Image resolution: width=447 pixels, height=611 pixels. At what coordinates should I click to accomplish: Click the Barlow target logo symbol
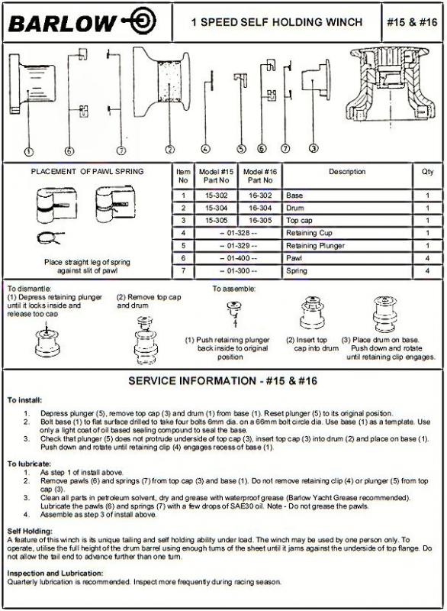tap(140, 21)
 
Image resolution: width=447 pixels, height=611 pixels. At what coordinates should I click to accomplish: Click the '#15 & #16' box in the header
tap(412, 22)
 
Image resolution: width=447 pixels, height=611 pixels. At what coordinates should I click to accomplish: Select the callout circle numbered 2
tap(169, 150)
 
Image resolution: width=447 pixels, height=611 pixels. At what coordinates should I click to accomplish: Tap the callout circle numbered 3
tap(314, 148)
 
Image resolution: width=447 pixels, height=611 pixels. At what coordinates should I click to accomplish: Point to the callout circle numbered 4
tap(205, 149)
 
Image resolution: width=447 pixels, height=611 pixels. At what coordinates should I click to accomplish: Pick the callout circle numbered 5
tap(242, 149)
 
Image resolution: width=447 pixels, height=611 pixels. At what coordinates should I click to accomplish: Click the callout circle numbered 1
tap(29, 151)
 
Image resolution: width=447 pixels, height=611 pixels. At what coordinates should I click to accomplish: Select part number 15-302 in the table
tap(217, 196)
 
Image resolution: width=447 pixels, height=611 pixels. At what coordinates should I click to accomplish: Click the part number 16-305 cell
tap(260, 221)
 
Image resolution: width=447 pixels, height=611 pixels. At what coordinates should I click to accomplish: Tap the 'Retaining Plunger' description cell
tap(316, 246)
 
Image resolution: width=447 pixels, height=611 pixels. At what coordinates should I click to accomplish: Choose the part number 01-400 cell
tap(238, 258)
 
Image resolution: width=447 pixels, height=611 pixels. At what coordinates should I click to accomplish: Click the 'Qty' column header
tap(427, 172)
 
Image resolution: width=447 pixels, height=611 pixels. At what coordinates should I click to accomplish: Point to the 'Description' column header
tap(347, 172)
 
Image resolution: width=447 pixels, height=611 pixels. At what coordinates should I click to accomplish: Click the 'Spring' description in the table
tap(297, 271)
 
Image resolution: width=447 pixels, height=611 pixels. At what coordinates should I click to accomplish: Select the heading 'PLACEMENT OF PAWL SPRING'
tap(87, 171)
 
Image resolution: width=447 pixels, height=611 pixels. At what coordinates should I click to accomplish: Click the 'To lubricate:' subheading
tap(29, 464)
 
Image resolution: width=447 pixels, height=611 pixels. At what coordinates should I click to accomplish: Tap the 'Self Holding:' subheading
tap(30, 531)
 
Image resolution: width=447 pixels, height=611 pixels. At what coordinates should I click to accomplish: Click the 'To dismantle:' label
tap(29, 289)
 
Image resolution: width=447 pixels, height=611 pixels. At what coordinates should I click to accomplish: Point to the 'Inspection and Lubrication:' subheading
tap(55, 574)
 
